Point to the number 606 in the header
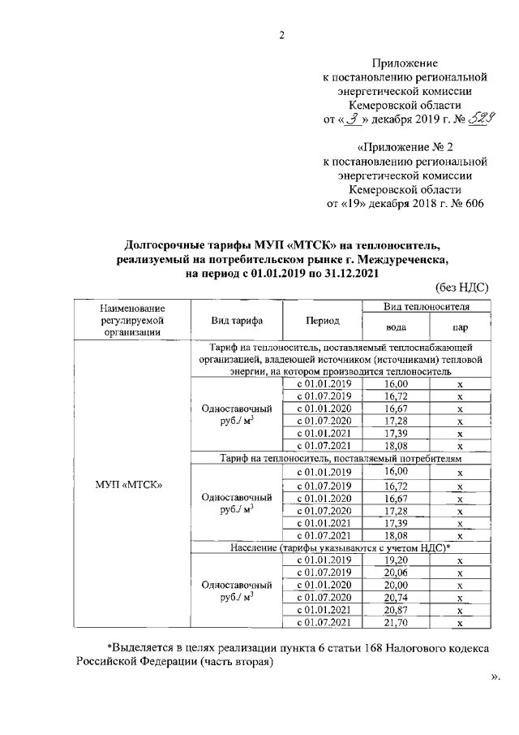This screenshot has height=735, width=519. (471, 203)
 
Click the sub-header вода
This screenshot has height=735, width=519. (397, 326)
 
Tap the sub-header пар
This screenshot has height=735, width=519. (459, 326)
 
